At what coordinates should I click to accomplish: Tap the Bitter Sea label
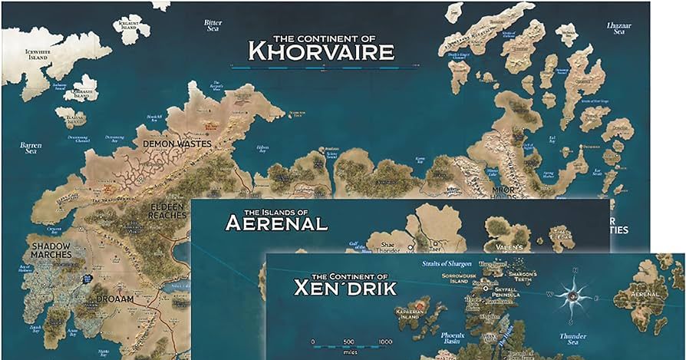pos(213,25)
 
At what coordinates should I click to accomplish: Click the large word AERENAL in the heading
pos(276,223)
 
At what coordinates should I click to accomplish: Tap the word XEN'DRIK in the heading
pos(345,289)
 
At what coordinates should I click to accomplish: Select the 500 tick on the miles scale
pos(349,342)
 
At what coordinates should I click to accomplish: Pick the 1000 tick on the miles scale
pos(385,342)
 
